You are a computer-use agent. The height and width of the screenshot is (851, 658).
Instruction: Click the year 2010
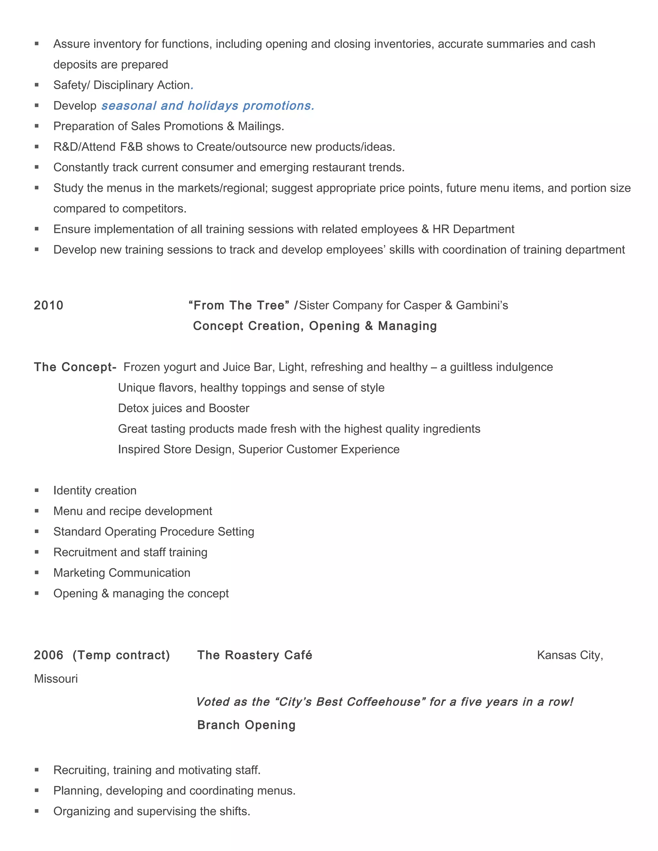point(48,305)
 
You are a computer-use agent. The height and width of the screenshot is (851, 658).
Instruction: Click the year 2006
point(48,655)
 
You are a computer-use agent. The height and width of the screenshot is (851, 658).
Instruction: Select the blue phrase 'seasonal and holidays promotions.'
point(208,106)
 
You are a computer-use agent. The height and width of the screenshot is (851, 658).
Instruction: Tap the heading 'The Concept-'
point(75,367)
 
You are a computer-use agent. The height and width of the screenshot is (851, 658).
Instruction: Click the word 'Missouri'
point(56,679)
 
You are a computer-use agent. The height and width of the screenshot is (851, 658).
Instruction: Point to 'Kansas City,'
point(570,655)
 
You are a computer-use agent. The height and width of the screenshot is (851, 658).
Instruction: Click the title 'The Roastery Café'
point(254,655)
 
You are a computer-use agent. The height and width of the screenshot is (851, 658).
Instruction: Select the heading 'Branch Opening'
point(246,725)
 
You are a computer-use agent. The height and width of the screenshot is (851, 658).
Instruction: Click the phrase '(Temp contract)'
point(121,655)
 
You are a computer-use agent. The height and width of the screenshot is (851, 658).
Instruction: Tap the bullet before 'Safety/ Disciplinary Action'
point(37,85)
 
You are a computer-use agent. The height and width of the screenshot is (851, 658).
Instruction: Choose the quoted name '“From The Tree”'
point(239,305)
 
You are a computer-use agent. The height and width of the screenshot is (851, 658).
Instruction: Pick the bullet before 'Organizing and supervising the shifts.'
point(37,811)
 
